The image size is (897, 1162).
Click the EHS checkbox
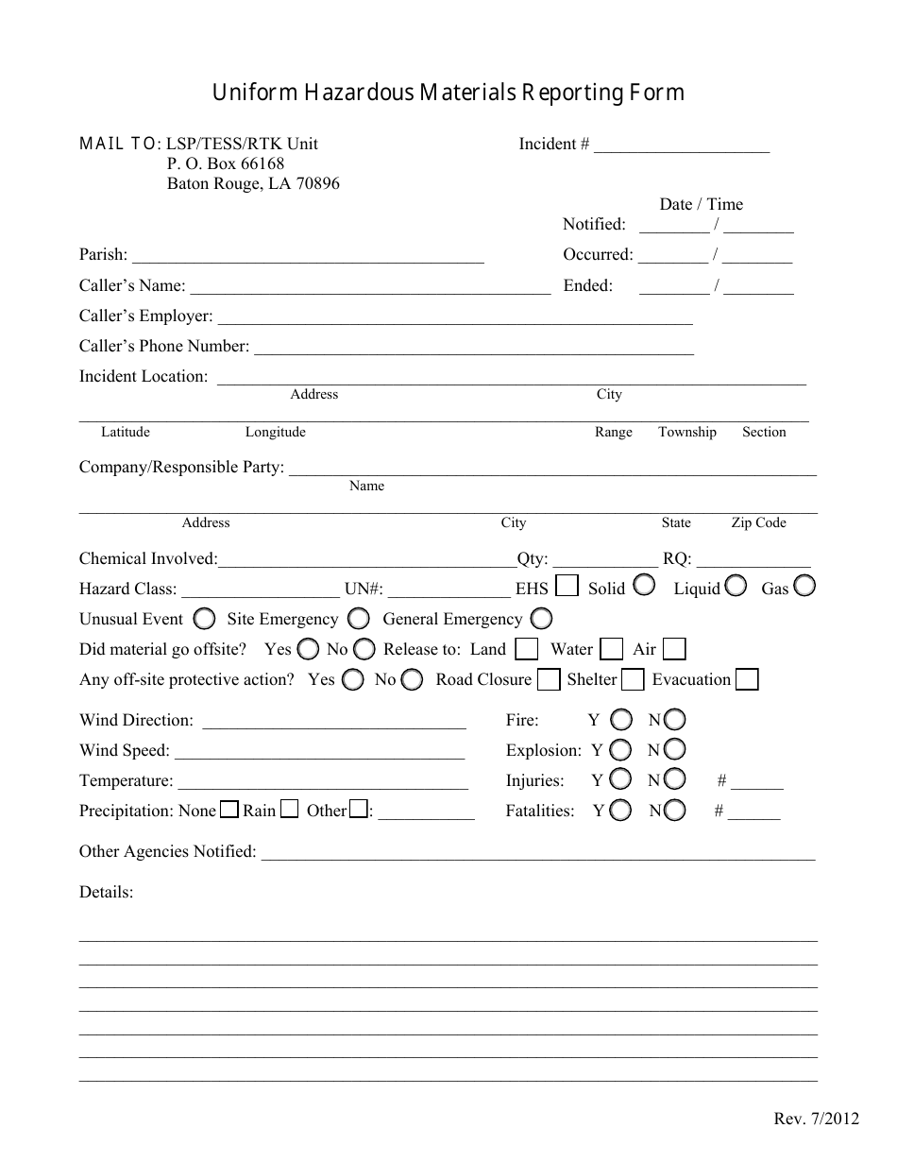coord(567,587)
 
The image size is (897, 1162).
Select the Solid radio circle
coord(644,586)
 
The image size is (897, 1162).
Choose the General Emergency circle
coord(541,619)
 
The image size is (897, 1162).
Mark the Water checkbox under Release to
coord(612,649)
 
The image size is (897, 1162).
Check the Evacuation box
coord(747,679)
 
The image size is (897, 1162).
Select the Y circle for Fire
coord(620,720)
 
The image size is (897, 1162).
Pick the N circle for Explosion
coord(674,750)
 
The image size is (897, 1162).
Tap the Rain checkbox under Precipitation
coord(290,810)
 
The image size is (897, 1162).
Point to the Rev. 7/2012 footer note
coord(817,1119)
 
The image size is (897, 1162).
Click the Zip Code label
coord(758,522)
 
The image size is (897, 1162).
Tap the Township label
coord(686,432)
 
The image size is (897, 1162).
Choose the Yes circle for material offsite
coord(308,649)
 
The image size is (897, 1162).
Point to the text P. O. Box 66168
coord(226,163)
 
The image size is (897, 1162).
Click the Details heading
coord(106,892)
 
